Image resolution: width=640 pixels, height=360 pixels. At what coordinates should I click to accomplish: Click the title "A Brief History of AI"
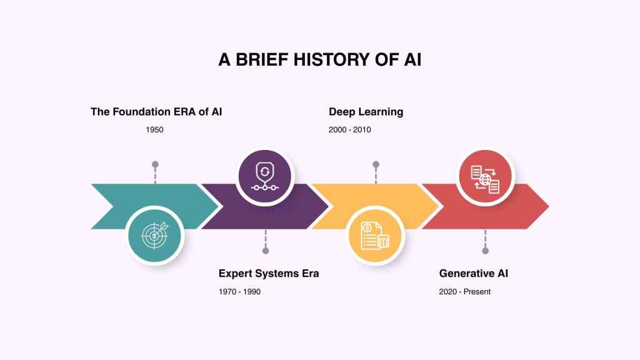[319, 59]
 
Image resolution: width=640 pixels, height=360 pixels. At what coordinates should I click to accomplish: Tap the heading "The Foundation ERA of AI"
[156, 112]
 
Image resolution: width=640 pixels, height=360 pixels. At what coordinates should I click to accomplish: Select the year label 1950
[154, 130]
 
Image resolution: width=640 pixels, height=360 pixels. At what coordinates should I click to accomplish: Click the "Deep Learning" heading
[366, 112]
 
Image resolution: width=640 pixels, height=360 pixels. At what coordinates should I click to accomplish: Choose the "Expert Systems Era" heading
[269, 274]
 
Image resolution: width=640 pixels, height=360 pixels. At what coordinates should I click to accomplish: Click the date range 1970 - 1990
[239, 292]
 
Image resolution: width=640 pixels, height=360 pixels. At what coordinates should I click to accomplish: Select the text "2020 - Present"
[465, 292]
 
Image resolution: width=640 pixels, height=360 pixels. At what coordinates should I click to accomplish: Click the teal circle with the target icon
[154, 236]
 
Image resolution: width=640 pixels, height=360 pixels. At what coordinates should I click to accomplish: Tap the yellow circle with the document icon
[375, 236]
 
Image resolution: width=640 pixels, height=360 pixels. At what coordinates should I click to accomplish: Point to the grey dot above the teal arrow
[155, 164]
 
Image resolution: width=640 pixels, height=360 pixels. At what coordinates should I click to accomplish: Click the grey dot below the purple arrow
[266, 251]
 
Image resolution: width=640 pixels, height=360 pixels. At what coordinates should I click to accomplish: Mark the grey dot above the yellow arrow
[376, 164]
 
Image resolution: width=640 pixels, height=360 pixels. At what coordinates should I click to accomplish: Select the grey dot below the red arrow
[486, 251]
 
